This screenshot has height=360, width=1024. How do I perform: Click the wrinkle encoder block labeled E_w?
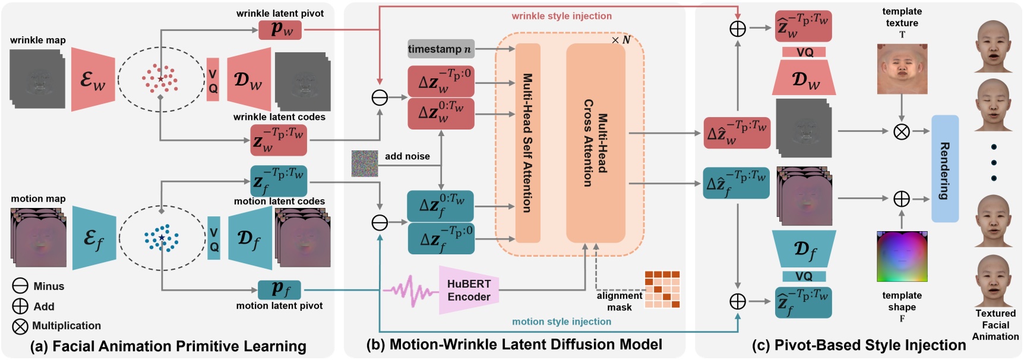tap(93, 80)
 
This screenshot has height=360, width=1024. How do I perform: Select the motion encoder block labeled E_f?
tap(94, 238)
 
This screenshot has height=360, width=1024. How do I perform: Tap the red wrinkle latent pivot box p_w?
tap(280, 30)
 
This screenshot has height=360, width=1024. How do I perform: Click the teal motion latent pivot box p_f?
tap(279, 290)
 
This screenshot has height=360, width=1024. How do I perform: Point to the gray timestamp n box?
tap(440, 49)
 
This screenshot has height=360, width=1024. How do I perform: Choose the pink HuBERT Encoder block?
tap(468, 290)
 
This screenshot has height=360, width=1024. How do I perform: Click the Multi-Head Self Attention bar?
tap(527, 143)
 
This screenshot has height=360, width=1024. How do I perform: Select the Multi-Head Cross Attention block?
tap(595, 143)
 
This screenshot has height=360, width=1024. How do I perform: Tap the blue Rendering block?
tap(944, 169)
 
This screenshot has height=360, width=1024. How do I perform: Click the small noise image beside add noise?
tap(365, 163)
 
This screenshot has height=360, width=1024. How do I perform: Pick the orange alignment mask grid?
tap(662, 289)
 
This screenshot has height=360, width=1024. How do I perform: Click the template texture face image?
tap(902, 69)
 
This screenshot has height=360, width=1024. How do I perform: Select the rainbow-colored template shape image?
tap(902, 257)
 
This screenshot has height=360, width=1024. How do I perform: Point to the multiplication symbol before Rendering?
tap(902, 131)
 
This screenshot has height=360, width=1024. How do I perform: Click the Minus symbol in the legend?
tap(20, 286)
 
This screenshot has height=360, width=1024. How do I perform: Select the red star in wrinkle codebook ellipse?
tap(160, 78)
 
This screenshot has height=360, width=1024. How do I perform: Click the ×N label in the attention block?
tap(621, 40)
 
